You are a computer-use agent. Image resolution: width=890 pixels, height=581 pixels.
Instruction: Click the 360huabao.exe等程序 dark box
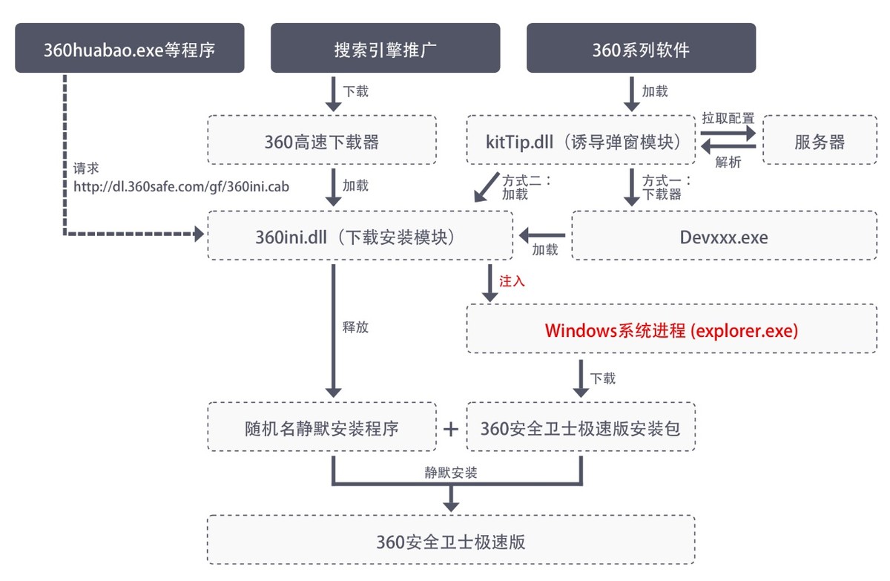click(x=130, y=48)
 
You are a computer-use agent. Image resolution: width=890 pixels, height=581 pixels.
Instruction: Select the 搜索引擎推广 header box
click(x=385, y=48)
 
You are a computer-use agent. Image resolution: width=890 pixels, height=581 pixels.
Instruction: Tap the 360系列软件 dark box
click(x=641, y=48)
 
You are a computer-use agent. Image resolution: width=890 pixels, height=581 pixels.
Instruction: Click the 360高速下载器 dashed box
click(x=321, y=139)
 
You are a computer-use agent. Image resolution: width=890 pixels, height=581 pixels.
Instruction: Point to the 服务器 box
click(x=820, y=139)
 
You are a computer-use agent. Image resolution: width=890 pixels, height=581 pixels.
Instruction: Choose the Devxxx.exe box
click(x=724, y=235)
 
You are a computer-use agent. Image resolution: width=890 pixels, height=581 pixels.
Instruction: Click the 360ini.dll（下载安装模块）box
click(x=360, y=235)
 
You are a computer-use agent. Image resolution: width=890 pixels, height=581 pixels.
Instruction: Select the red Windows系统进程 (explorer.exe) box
click(x=671, y=329)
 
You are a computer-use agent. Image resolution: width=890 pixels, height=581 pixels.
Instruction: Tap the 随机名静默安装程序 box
click(x=322, y=427)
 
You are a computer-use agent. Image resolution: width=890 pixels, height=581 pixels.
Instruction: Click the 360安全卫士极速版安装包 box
click(x=581, y=427)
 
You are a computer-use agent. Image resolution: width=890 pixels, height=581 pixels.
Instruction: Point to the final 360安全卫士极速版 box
click(x=451, y=539)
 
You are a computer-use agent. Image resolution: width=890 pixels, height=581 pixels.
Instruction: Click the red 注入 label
click(x=512, y=282)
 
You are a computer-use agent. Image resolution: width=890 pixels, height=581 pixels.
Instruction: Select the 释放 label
click(x=355, y=327)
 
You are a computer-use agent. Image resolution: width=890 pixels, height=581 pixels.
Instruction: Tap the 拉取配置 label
click(x=728, y=118)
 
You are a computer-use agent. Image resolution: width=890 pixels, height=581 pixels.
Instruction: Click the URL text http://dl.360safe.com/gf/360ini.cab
click(x=181, y=187)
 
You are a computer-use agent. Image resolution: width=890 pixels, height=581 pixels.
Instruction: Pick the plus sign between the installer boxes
click(x=451, y=428)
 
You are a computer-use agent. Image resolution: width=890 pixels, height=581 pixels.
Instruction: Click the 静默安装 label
click(x=451, y=473)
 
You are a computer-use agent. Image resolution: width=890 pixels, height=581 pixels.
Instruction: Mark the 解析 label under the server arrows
click(x=728, y=163)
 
